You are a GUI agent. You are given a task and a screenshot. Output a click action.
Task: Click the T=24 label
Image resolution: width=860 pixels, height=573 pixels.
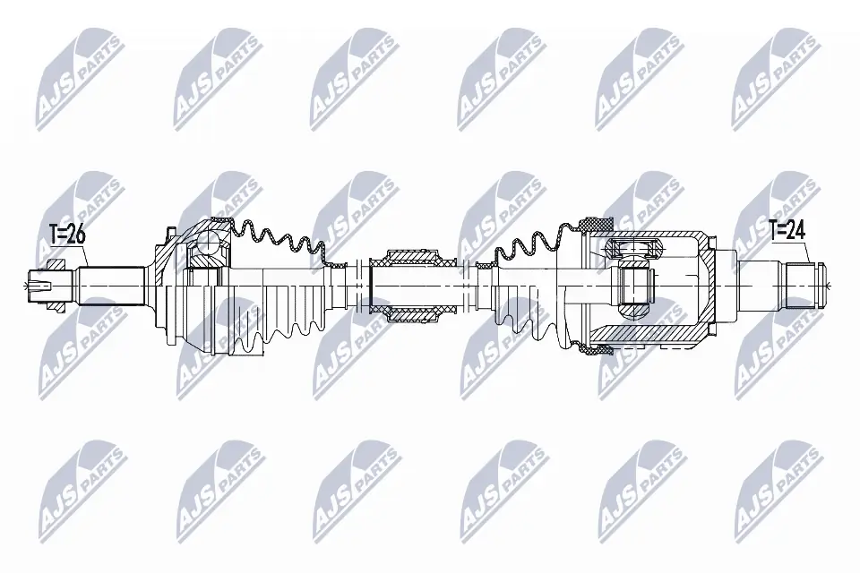point(787,231)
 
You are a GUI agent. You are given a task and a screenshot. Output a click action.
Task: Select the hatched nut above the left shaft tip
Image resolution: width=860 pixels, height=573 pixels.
point(54,263)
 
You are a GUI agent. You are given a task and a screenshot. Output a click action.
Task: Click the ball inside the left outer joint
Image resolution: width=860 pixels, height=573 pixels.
point(207,243)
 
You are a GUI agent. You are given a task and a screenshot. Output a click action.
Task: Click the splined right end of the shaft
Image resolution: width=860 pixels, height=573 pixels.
point(804,285)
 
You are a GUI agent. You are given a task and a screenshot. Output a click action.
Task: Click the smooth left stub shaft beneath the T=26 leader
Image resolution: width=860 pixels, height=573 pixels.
point(112,285)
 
